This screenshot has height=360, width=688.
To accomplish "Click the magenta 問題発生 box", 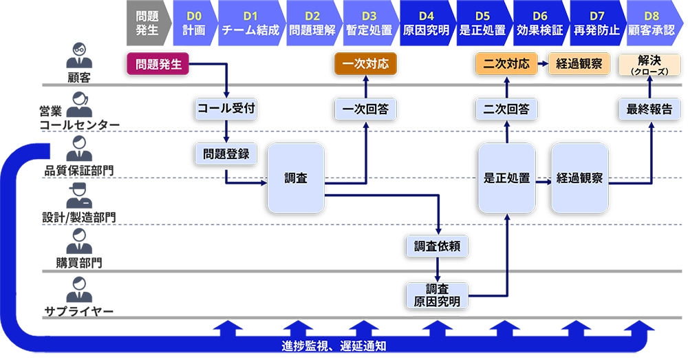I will (x=159, y=65).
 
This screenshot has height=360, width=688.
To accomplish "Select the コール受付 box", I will (x=226, y=109).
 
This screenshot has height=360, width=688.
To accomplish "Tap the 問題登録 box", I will (x=226, y=154).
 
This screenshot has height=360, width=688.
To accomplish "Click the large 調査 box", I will (x=296, y=178).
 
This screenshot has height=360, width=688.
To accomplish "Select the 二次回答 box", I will (x=506, y=109).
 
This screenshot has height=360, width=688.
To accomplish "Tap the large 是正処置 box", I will (x=506, y=178).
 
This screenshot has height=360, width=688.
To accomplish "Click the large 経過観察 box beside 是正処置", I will (x=580, y=178).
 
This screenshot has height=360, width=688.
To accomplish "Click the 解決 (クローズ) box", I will (x=649, y=65).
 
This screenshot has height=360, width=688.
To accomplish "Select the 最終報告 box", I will (x=649, y=109).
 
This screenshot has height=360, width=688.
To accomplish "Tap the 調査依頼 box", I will (x=437, y=246).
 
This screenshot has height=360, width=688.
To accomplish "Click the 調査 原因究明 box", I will (x=437, y=295).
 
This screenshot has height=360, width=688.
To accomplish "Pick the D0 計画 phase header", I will (x=194, y=23).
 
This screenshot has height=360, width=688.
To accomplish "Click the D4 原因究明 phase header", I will (x=426, y=23).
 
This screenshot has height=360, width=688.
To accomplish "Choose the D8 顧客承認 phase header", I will (x=650, y=23).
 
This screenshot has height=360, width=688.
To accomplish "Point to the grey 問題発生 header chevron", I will (x=147, y=23).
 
